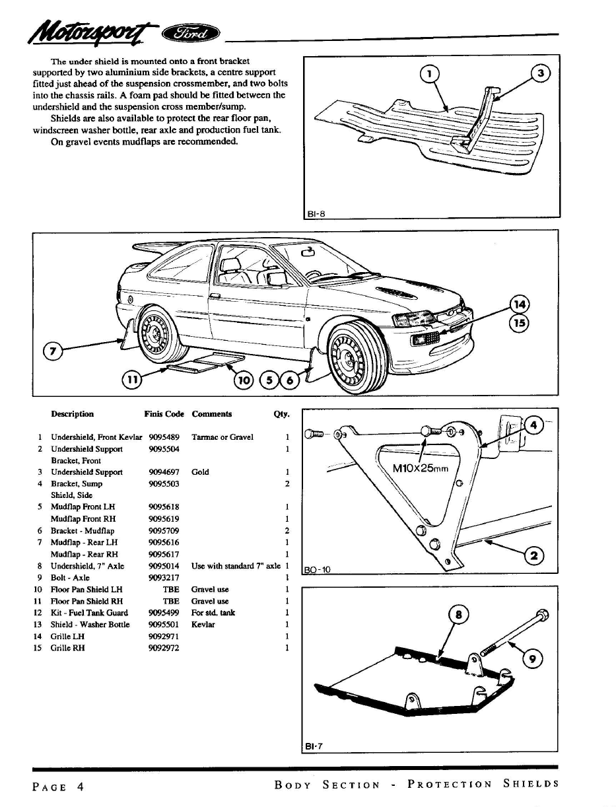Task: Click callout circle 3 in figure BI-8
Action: point(541,74)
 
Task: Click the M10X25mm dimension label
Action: point(420,468)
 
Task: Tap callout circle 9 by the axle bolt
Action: point(532,659)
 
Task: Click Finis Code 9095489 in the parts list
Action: point(164,437)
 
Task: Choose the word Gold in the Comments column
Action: point(200,472)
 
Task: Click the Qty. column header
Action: point(281,414)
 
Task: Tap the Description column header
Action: point(73,414)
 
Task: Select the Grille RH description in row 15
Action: point(68,648)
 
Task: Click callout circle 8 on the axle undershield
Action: point(458,615)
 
